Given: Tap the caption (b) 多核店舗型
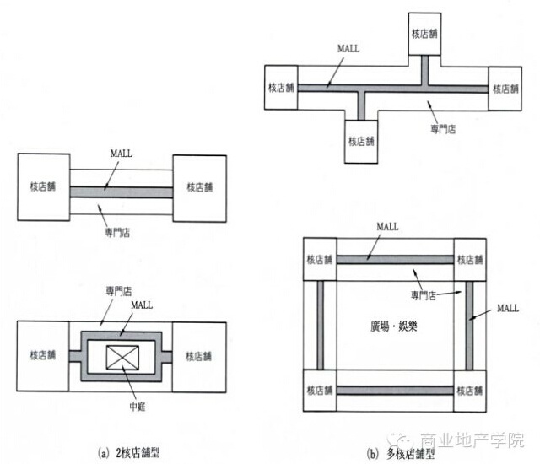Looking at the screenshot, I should [401, 453].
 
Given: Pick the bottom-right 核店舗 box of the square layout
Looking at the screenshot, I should [470, 393].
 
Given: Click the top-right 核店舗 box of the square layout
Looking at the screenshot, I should [470, 258].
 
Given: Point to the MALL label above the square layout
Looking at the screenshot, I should [387, 227].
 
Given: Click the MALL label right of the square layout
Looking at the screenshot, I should [507, 308].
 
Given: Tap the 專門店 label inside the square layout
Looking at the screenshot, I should [424, 294].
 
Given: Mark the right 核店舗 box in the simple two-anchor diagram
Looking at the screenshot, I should [201, 186].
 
